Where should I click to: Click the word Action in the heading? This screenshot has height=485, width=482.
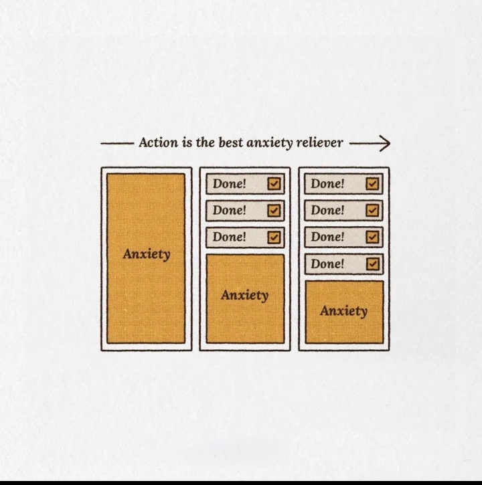click(x=157, y=142)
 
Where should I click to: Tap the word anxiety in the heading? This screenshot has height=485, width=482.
click(x=270, y=142)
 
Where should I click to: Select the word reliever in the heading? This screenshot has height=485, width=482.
click(x=320, y=142)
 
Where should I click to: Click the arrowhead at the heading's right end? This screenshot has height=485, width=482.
click(x=385, y=142)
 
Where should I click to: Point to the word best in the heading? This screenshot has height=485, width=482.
click(x=231, y=142)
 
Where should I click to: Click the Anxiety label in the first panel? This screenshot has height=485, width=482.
click(x=146, y=254)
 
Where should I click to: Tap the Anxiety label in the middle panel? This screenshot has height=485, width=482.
click(x=244, y=295)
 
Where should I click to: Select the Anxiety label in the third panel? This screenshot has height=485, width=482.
click(x=343, y=311)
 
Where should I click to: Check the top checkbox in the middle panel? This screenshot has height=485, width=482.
click(x=274, y=184)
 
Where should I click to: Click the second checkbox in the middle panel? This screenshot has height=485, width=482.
click(x=274, y=211)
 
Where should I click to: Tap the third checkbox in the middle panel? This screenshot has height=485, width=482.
click(x=274, y=237)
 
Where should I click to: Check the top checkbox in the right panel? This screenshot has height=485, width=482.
click(x=373, y=184)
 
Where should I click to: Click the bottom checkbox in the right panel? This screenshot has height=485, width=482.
click(x=373, y=264)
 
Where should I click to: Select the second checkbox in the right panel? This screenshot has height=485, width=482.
click(x=373, y=211)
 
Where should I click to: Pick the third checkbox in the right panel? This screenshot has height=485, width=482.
click(x=373, y=237)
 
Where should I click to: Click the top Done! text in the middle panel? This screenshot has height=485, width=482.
click(x=230, y=183)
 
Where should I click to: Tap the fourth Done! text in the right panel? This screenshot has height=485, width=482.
click(x=327, y=264)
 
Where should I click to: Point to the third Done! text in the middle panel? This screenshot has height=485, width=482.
click(x=230, y=237)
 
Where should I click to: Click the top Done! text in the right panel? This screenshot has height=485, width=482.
click(x=327, y=183)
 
